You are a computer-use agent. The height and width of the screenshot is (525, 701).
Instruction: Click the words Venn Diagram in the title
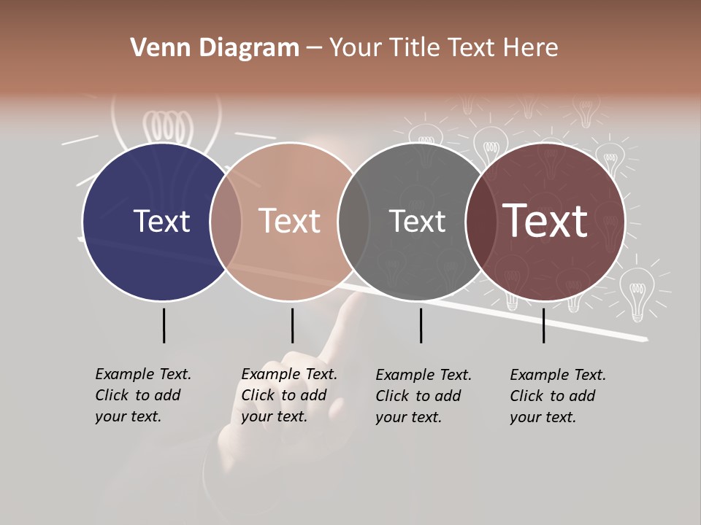(x=215, y=48)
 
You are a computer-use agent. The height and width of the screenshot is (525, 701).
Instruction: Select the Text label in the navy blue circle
(x=161, y=221)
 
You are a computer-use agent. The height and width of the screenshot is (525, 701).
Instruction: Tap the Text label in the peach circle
(x=290, y=221)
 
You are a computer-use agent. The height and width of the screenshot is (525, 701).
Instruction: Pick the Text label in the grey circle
(x=417, y=221)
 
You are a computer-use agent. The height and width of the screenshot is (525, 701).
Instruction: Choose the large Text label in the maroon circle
(x=545, y=221)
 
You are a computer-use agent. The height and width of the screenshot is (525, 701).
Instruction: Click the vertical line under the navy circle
(x=164, y=325)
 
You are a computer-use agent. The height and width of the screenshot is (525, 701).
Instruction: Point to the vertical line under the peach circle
(x=292, y=325)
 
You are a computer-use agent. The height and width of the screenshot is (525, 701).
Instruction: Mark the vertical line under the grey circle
(x=421, y=325)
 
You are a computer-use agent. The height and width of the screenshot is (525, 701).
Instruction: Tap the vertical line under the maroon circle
(x=544, y=325)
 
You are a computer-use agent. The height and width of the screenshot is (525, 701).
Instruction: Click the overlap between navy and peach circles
(x=226, y=221)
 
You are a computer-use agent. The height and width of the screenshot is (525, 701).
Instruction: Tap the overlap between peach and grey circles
(x=353, y=221)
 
